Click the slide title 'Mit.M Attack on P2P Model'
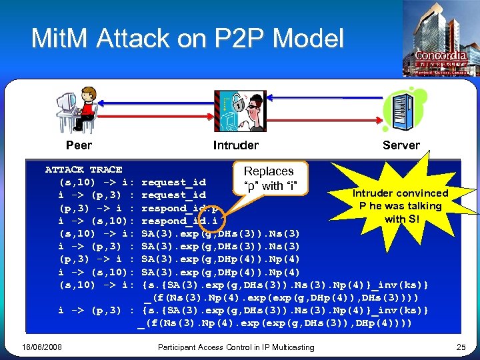coord(187,39)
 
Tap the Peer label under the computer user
coord(79,145)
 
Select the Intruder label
coord(235,145)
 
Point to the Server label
coord(401,145)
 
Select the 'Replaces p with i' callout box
coord(269,178)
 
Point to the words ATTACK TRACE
coord(83,169)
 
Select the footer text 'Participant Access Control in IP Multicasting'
coord(236,347)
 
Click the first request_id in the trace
coord(174,182)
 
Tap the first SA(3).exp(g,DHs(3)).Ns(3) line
coord(221,233)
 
